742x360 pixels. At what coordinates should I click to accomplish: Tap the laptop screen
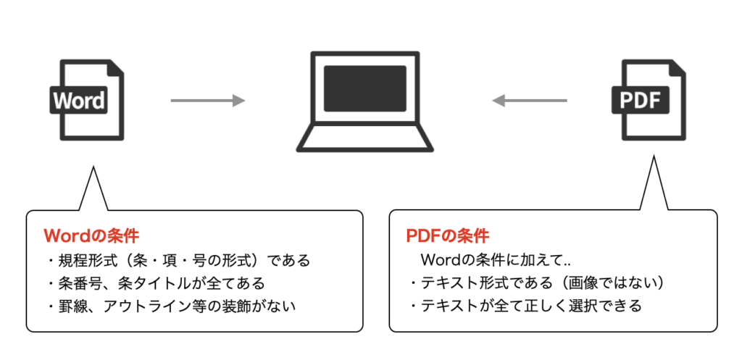tap(364, 88)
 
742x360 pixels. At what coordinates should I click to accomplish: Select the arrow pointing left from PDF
tap(529, 101)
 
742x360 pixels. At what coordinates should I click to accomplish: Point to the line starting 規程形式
tap(178, 260)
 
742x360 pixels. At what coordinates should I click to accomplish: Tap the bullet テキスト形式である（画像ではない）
tap(537, 282)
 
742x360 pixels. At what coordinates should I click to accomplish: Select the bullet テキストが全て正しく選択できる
tap(525, 306)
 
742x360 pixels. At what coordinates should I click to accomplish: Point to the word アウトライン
tap(142, 306)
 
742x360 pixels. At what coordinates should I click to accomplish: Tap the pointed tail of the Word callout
tap(93, 185)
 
